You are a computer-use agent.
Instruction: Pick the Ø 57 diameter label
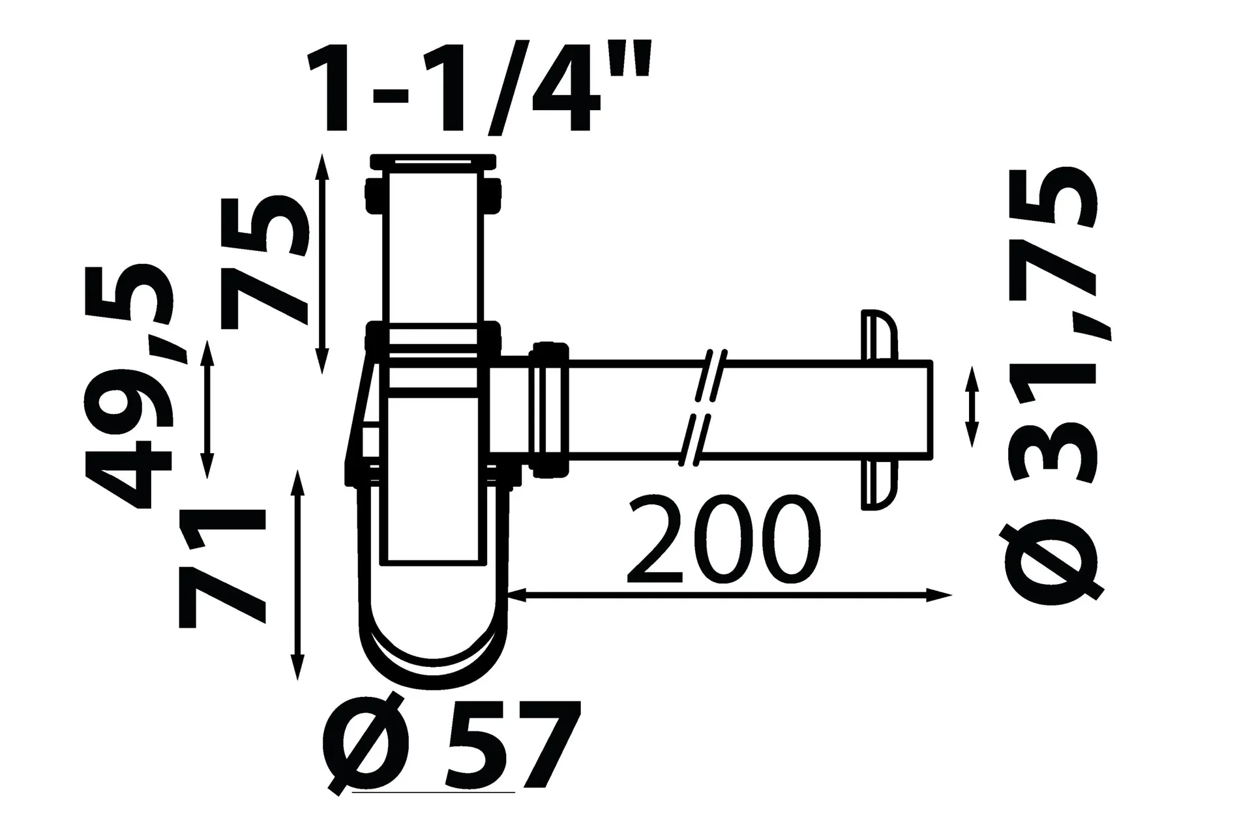click(451, 745)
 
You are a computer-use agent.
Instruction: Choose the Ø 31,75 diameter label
click(1052, 385)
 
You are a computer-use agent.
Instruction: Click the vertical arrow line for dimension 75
click(321, 264)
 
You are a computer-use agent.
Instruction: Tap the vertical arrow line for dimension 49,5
click(207, 409)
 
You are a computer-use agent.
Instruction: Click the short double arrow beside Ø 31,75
click(972, 407)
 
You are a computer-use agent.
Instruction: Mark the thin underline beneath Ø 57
click(433, 793)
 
